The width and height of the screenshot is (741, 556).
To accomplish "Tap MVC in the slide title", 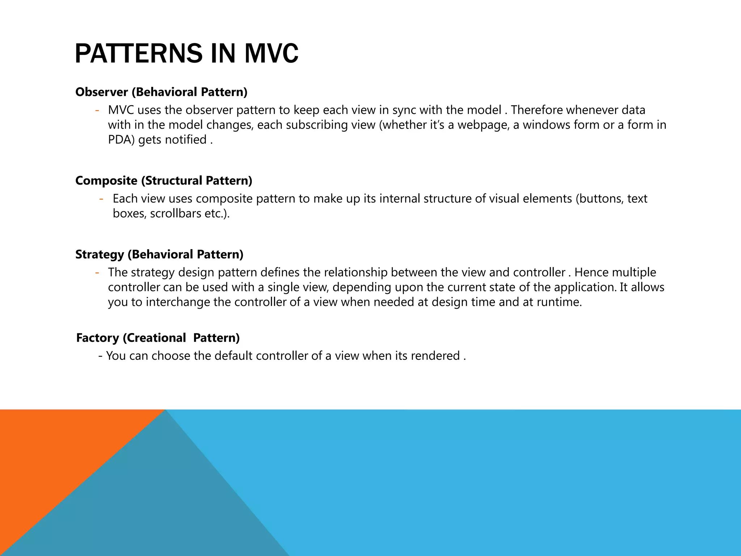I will (271, 54).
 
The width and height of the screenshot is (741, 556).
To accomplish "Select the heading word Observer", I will (102, 92).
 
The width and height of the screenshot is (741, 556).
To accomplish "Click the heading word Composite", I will (106, 180).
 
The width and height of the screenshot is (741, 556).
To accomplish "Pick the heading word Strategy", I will (99, 254).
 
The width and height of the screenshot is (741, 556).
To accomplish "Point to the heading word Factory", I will (97, 338).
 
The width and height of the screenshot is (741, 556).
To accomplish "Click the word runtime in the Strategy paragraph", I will (558, 302).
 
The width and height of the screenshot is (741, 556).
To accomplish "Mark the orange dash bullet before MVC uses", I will (97, 110).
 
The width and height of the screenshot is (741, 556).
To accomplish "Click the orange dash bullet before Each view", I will (102, 199).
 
